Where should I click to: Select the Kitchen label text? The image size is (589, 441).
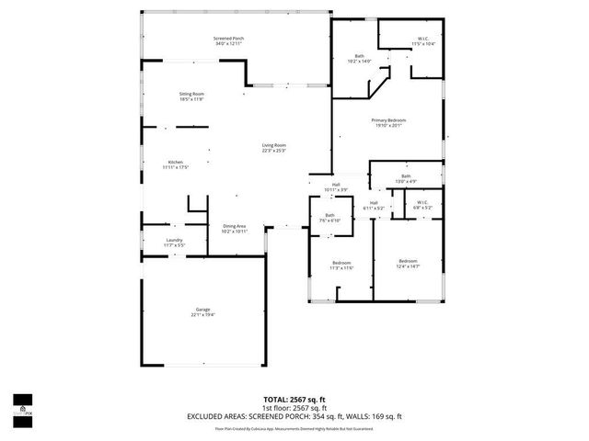coord(175,164)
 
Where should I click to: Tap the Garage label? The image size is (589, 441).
coord(202,311)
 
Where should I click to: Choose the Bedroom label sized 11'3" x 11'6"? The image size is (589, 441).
coord(341,266)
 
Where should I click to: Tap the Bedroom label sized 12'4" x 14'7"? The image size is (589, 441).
coord(408,264)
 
